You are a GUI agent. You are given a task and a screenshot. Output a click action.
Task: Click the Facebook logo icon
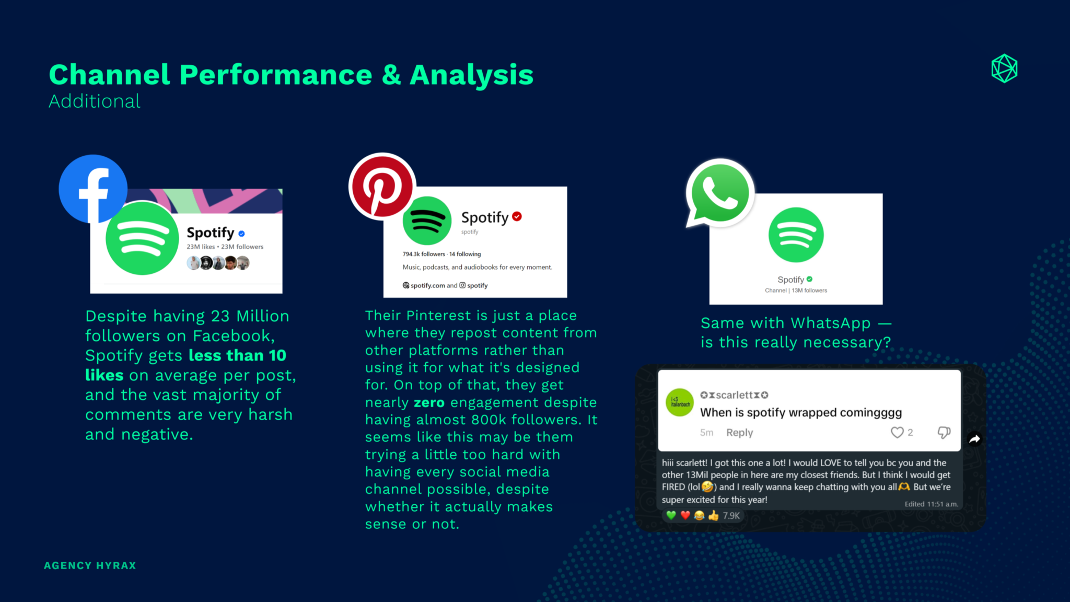(x=93, y=189)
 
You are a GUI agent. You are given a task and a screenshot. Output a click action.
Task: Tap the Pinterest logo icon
(x=382, y=186)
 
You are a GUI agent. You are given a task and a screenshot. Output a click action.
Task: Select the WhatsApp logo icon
(x=719, y=193)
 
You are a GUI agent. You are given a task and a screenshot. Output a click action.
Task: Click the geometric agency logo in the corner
(x=1004, y=68)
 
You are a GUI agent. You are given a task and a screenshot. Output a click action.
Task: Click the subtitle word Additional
(x=95, y=101)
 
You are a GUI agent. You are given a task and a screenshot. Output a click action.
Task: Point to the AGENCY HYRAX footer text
(x=90, y=565)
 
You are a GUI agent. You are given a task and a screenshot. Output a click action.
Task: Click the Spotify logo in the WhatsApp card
(x=796, y=235)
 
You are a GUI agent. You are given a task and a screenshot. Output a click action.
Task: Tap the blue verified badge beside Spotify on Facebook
(x=241, y=234)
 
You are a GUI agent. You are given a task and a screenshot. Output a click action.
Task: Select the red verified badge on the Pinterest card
(x=517, y=216)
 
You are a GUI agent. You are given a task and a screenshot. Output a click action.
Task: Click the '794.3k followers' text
(x=424, y=254)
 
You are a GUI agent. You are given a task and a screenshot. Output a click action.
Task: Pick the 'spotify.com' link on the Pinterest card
(x=427, y=285)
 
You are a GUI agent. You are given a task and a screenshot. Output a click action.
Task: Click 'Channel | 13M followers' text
(x=796, y=291)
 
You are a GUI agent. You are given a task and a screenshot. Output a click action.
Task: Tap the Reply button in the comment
(x=739, y=432)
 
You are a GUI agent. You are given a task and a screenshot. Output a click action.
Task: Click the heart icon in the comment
(x=897, y=432)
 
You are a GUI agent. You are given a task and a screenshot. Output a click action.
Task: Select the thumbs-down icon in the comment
(x=944, y=432)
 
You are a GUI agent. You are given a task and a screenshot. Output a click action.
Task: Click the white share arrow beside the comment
(x=974, y=439)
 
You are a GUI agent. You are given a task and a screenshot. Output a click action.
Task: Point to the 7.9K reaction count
(x=731, y=516)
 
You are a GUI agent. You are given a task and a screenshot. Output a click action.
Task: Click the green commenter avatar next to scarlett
(x=680, y=402)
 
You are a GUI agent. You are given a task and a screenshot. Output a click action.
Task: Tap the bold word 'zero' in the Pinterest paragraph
(x=429, y=402)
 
